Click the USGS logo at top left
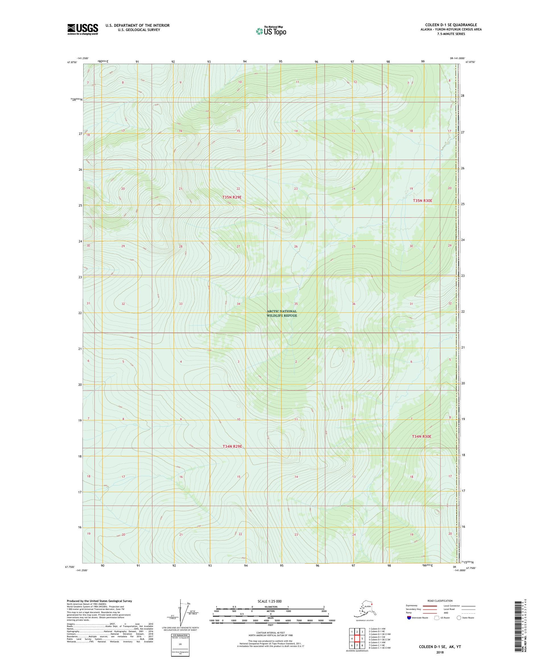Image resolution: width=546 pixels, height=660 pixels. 82,29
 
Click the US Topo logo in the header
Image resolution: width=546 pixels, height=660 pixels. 271,31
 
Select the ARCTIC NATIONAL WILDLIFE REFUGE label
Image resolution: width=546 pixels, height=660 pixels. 282,313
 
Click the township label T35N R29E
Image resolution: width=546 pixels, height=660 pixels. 232,197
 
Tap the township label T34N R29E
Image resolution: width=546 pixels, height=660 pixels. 232,446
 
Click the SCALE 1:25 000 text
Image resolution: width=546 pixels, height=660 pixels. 269,601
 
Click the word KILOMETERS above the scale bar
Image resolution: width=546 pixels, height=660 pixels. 270,607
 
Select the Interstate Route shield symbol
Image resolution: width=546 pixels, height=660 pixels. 409,618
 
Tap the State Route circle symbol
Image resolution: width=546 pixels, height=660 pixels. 459,618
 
